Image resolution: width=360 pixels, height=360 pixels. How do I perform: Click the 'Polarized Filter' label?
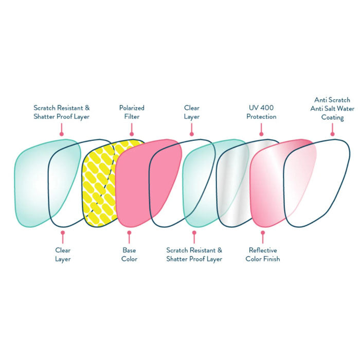tap(132, 112)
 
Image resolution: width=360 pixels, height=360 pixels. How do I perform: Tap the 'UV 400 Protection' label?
tap(261, 112)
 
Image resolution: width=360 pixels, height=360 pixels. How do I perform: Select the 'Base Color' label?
tap(129, 255)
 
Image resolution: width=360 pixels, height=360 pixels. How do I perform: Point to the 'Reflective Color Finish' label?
tap(263, 255)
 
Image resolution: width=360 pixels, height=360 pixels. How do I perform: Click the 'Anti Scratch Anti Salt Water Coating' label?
tap(332, 109)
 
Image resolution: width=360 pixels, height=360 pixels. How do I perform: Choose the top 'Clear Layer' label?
tap(192, 112)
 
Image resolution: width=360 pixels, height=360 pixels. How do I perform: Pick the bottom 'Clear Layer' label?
tap(63, 255)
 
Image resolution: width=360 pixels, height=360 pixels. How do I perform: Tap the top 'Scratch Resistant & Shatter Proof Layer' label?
tap(62, 112)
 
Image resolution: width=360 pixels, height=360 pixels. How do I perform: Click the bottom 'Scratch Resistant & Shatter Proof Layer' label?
tap(194, 255)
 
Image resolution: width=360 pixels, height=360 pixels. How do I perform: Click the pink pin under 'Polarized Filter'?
tap(132, 130)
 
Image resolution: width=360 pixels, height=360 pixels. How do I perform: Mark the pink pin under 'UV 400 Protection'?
tap(261, 130)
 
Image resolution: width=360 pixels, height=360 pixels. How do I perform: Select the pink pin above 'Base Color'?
tap(129, 237)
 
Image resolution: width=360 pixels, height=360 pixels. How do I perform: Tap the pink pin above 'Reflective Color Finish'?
tap(263, 237)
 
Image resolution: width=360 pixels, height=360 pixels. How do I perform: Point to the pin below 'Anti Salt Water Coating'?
tap(332, 130)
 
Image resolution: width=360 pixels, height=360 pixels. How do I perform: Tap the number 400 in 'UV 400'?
tap(267, 107)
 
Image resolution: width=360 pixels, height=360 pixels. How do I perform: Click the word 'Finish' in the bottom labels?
tap(272, 259)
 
